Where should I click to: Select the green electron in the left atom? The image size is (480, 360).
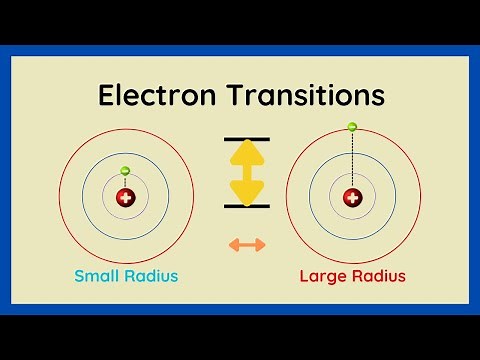pyautogui.click(x=125, y=171)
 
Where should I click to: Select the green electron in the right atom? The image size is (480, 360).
pyautogui.click(x=352, y=127)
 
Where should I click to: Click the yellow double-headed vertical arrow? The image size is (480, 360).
pyautogui.click(x=246, y=172)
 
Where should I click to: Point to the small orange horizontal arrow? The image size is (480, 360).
pyautogui.click(x=246, y=244)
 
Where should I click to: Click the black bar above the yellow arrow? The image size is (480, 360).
pyautogui.click(x=246, y=138)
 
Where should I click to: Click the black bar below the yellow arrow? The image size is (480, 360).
pyautogui.click(x=246, y=206)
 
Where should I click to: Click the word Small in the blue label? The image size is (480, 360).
pyautogui.click(x=98, y=275)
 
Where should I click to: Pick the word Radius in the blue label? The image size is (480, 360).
pyautogui.click(x=154, y=275)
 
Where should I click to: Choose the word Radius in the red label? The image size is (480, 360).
pyautogui.click(x=379, y=275)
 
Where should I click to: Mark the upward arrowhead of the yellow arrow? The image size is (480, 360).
pyautogui.click(x=246, y=152)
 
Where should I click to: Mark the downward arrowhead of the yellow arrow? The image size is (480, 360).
pyautogui.click(x=246, y=192)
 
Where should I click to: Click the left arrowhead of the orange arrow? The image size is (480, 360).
pyautogui.click(x=232, y=244)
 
